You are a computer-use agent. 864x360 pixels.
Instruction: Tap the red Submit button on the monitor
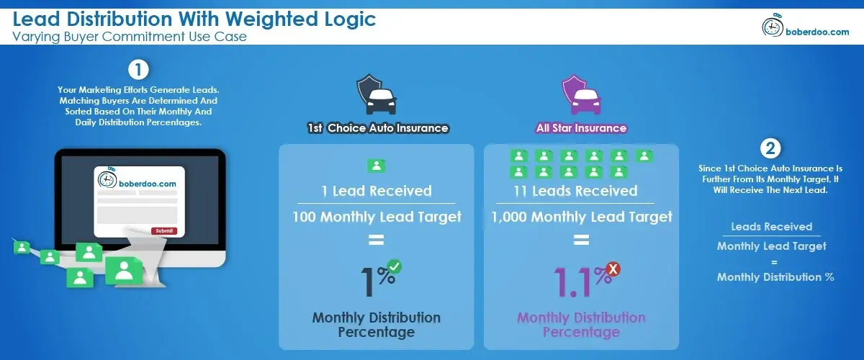click(163, 230)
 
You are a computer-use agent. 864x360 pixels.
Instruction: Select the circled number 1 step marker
click(138, 70)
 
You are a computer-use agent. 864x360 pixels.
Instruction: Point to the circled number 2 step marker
click(770, 149)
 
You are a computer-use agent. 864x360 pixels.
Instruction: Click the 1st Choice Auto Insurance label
click(377, 128)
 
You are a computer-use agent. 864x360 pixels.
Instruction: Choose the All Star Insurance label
click(581, 128)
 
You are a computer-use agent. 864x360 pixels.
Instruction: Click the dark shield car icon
click(377, 95)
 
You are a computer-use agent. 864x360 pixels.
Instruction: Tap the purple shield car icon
click(581, 95)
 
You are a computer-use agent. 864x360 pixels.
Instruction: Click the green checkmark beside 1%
click(394, 267)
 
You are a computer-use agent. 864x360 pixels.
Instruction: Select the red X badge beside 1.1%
click(613, 269)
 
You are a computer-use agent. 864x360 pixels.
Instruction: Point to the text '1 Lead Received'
click(377, 191)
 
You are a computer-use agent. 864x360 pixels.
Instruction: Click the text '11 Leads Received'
click(582, 191)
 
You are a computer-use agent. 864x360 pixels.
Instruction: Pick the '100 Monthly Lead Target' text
click(377, 216)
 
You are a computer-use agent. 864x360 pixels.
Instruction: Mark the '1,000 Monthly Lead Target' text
click(582, 216)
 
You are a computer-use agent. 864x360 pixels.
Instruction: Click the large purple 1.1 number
click(574, 282)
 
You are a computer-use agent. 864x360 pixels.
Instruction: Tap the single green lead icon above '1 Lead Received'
click(376, 166)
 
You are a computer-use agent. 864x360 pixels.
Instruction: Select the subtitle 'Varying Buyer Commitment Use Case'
click(130, 37)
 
